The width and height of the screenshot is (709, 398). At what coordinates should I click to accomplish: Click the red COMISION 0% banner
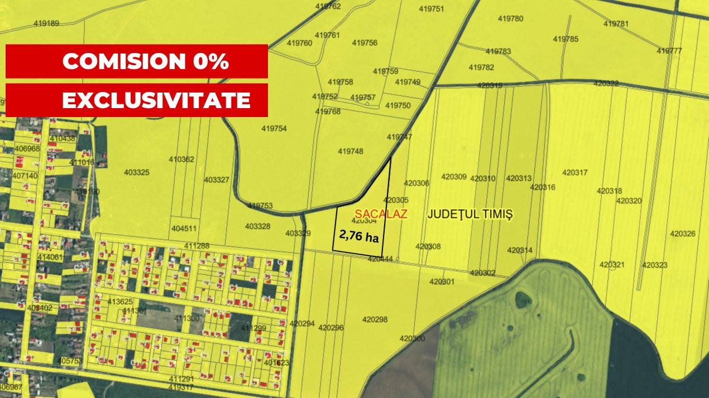click(x=137, y=61)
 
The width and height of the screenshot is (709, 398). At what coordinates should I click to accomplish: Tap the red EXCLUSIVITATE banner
click(x=137, y=100)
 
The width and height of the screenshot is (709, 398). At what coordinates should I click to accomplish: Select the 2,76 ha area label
click(x=359, y=236)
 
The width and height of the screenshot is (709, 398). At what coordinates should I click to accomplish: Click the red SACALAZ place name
click(x=381, y=214)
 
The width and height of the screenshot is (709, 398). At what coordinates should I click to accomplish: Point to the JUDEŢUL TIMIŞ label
click(x=470, y=214)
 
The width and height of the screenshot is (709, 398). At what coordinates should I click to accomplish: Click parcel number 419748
click(x=351, y=151)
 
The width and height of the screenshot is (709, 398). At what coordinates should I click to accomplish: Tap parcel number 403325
click(x=137, y=172)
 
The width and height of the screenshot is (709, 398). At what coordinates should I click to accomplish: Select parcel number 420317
click(x=575, y=172)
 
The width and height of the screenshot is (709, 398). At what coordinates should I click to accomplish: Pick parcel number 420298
click(x=375, y=319)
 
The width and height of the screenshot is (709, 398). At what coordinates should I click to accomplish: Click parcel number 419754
click(x=274, y=129)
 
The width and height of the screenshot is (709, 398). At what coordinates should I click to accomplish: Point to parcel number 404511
click(x=184, y=229)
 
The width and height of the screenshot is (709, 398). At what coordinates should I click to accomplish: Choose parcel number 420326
click(x=683, y=234)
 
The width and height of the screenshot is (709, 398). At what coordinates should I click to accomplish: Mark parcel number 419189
click(x=46, y=23)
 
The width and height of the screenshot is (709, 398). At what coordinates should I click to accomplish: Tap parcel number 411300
click(x=186, y=318)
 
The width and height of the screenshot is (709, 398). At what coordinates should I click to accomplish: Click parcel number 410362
click(x=181, y=159)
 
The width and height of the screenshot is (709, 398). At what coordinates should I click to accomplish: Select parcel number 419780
click(x=511, y=18)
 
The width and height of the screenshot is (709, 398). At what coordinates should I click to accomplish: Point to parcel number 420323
click(x=655, y=265)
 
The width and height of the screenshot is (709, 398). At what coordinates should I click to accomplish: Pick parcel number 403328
click(x=257, y=226)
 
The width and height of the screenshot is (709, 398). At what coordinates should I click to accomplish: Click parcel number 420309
click(x=454, y=177)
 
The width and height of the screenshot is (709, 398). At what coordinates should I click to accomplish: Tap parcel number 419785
click(x=566, y=39)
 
